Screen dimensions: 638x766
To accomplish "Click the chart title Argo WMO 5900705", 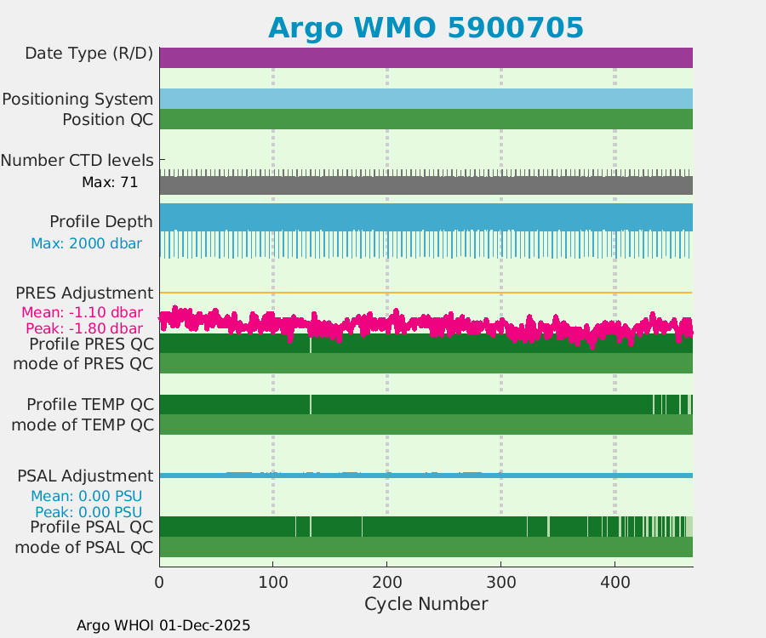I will pyautogui.click(x=426, y=27).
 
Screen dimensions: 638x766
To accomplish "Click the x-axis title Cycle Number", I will pyautogui.click(x=426, y=604).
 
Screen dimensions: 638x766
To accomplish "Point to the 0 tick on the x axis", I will pyautogui.click(x=159, y=582).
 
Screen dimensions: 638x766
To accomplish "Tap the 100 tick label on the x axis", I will pyautogui.click(x=272, y=582).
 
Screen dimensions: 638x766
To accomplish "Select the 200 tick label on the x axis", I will pyautogui.click(x=386, y=582).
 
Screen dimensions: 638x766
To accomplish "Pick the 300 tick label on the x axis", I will pyautogui.click(x=500, y=582).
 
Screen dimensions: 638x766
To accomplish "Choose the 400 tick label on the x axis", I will pyautogui.click(x=615, y=582).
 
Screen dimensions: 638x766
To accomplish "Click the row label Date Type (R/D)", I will pyautogui.click(x=89, y=54).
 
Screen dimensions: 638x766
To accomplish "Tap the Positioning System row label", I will pyautogui.click(x=77, y=100).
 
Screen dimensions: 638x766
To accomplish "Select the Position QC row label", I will pyautogui.click(x=107, y=120).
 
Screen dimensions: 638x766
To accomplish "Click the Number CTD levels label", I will pyautogui.click(x=77, y=160).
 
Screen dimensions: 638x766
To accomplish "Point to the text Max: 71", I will pyautogui.click(x=110, y=182).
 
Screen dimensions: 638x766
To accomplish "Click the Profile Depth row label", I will pyautogui.click(x=101, y=222).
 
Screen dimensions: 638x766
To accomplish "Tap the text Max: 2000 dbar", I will pyautogui.click(x=86, y=244).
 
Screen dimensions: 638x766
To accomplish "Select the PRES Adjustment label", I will pyautogui.click(x=84, y=293).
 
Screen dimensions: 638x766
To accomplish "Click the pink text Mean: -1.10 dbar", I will pyautogui.click(x=82, y=312).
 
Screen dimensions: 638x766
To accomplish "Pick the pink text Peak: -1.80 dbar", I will pyautogui.click(x=84, y=328).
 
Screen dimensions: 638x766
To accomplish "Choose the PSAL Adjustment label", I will pyautogui.click(x=85, y=476).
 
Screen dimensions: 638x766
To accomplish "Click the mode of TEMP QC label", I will pyautogui.click(x=83, y=424).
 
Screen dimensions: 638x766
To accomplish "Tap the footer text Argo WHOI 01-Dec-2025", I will pyautogui.click(x=163, y=625).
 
